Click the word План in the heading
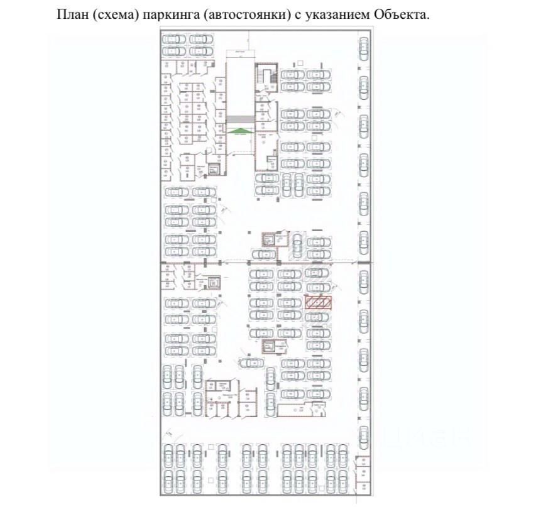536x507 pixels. [72, 14]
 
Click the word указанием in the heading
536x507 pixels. [334, 14]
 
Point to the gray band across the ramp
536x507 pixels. [241, 119]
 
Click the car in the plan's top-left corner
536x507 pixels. [174, 39]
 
